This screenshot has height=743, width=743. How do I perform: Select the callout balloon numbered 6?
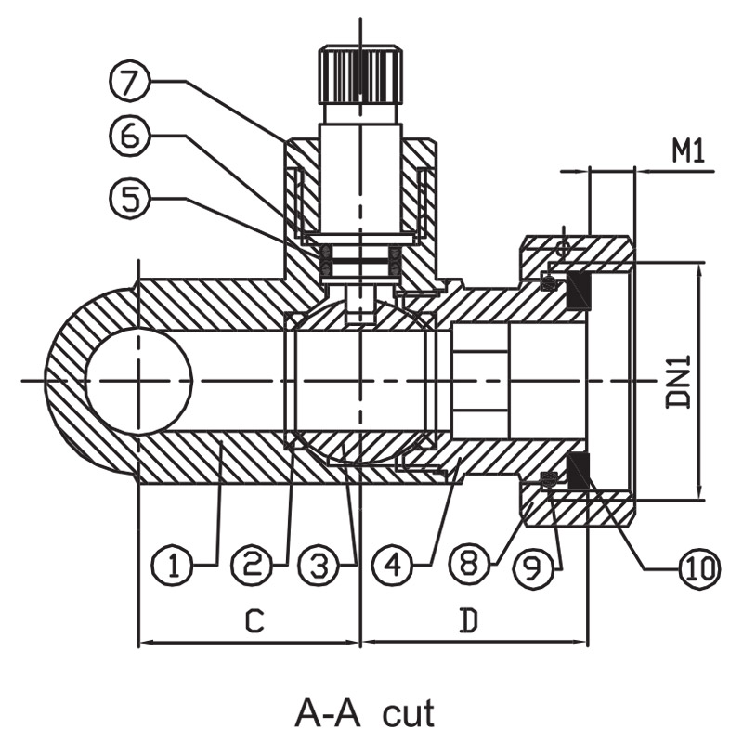129,136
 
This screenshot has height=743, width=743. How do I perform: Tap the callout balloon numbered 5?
129,197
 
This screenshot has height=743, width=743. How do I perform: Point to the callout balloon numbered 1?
173,566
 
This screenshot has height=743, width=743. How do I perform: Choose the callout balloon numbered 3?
319,566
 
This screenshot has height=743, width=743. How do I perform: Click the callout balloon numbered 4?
393,566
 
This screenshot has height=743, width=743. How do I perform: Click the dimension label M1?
688,151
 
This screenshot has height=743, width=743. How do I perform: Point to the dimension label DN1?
679,382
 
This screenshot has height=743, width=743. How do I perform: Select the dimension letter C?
254,620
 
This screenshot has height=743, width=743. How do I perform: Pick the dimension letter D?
468,620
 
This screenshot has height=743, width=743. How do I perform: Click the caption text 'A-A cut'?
364,713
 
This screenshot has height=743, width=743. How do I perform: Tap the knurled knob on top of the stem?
360,74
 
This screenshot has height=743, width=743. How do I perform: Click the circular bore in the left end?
139,380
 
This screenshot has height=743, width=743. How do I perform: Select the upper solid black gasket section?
579,291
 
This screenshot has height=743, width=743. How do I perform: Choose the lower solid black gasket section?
579,471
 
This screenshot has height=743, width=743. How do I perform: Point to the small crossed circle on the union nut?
563,248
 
